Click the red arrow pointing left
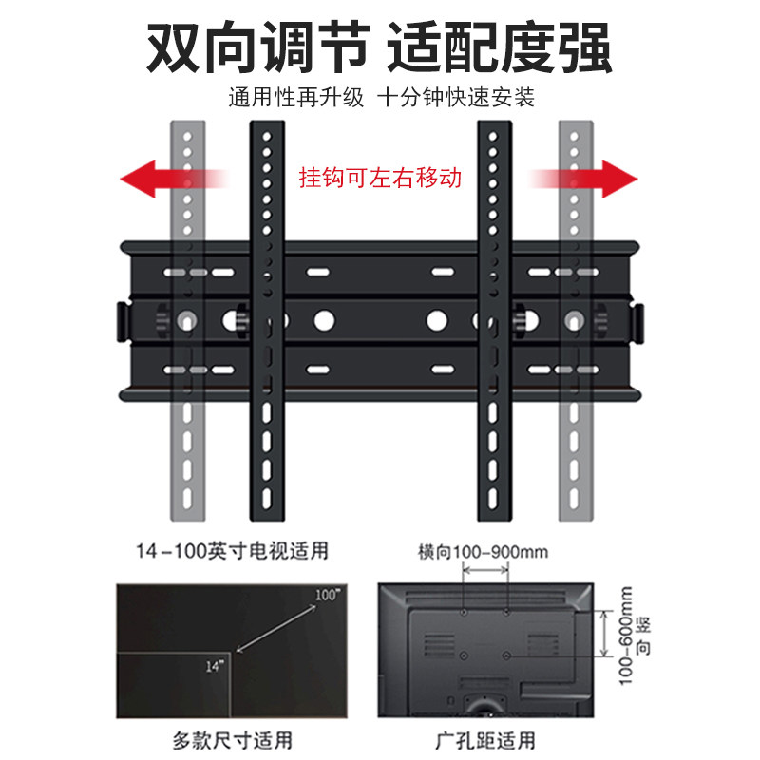[171, 177]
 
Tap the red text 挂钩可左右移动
[380, 177]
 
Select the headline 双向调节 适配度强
[380, 46]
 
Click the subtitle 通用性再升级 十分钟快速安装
[380, 99]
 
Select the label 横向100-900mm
[483, 552]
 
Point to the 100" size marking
[327, 595]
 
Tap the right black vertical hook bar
[494, 323]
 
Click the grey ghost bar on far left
[186, 323]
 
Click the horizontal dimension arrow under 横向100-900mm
[484, 570]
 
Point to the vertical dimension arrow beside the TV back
[604, 633]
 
